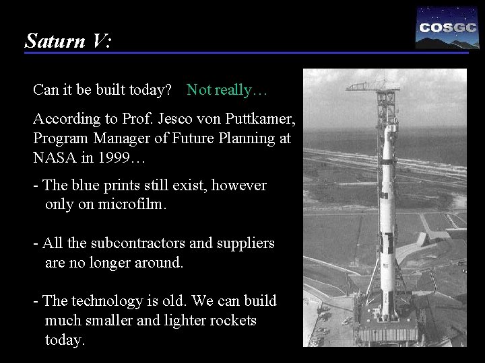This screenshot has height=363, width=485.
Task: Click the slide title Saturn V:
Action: [68, 41]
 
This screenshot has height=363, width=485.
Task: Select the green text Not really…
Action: [227, 89]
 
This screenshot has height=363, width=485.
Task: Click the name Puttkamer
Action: [259, 120]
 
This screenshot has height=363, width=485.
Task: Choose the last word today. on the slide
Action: [65, 340]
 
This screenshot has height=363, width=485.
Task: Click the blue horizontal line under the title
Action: [246, 53]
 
